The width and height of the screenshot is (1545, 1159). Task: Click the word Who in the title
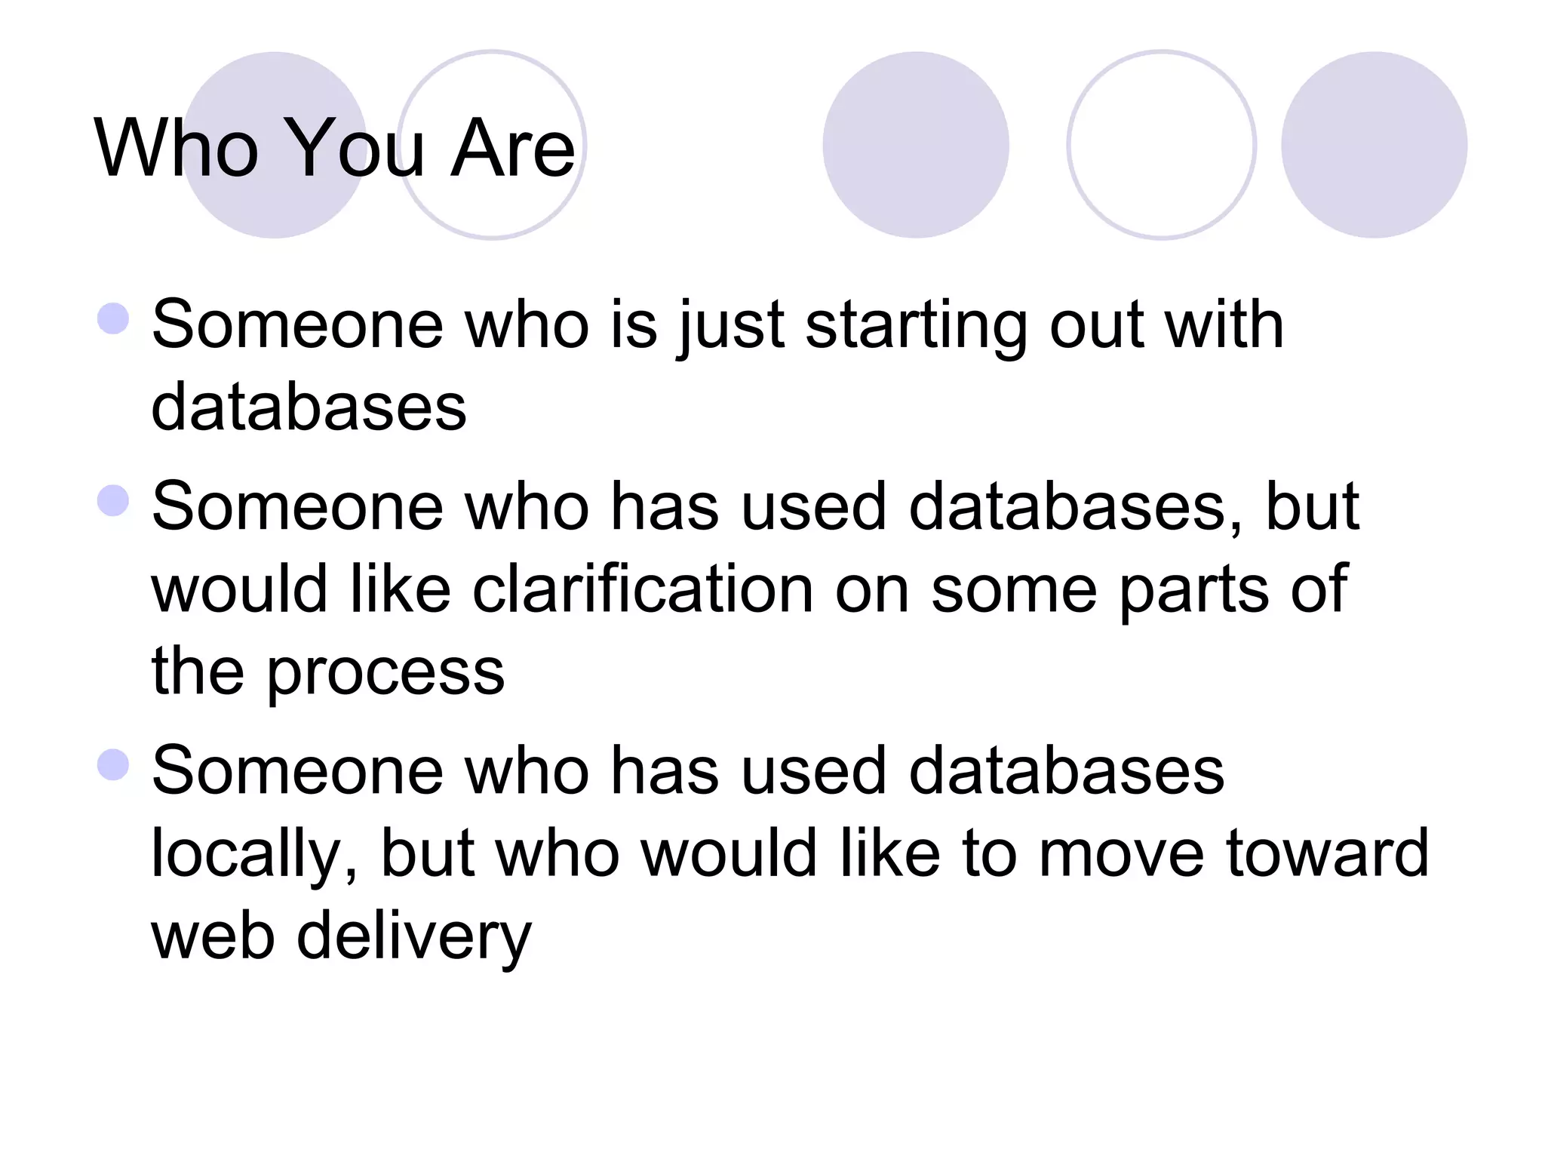[x=176, y=148]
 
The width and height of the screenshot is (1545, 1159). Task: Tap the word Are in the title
[x=512, y=148]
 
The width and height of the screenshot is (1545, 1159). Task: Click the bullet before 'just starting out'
[x=113, y=318]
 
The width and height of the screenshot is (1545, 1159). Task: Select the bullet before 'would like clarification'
[x=113, y=500]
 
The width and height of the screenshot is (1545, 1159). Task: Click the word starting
[x=916, y=326]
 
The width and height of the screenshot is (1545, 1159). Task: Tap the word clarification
[x=643, y=589]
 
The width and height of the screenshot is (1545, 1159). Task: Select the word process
[x=385, y=672]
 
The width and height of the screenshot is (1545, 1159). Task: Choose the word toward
[x=1328, y=853]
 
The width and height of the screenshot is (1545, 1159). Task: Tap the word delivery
[x=414, y=936]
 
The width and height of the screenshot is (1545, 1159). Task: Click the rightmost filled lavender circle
[x=1374, y=145]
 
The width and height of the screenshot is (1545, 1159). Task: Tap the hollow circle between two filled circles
[x=1161, y=145]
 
